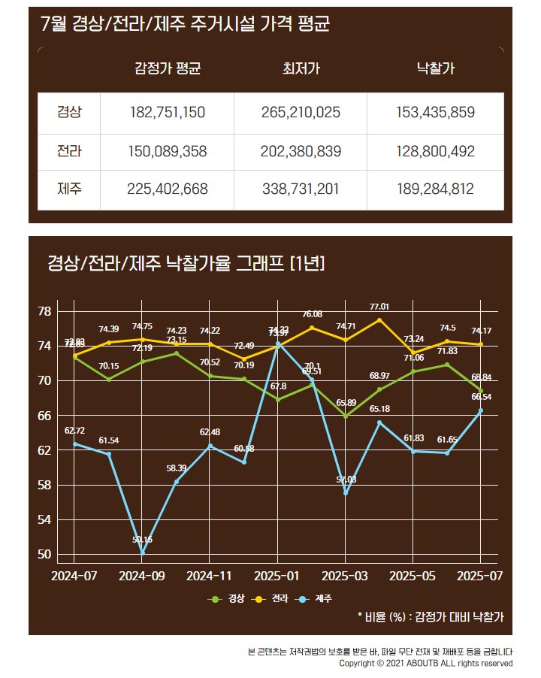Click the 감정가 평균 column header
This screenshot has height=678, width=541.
tap(168, 70)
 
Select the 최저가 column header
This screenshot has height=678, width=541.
tap(301, 70)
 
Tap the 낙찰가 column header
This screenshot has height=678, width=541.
tap(435, 70)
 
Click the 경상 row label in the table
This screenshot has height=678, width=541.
tap(69, 113)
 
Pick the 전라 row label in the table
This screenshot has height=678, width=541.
tap(69, 152)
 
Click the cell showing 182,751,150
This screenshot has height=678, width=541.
tap(168, 113)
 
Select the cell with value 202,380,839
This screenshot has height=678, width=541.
tap(301, 152)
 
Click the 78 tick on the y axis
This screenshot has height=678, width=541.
tap(44, 311)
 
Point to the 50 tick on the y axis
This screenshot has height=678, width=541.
tap(44, 554)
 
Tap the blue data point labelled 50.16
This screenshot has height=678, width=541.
tap(142, 552)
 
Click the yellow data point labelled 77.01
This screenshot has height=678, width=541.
tap(379, 320)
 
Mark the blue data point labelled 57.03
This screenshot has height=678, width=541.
tap(346, 493)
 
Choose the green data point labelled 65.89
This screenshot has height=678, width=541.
tap(346, 416)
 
